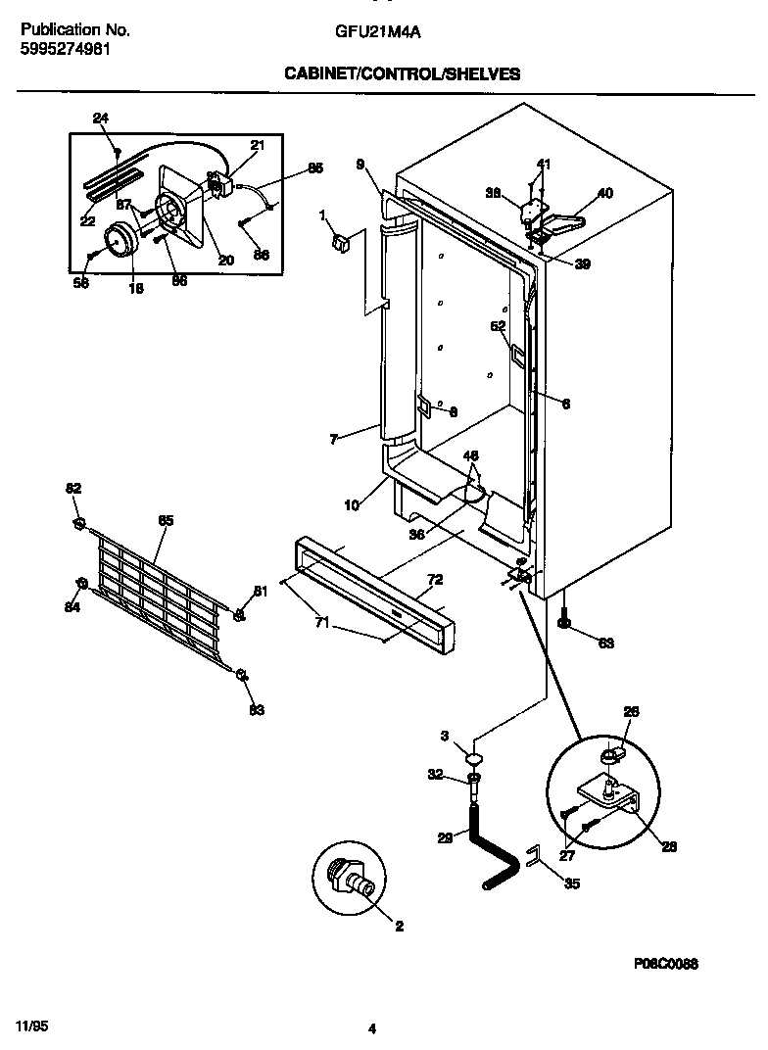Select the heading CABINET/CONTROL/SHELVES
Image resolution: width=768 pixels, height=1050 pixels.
pos(402,73)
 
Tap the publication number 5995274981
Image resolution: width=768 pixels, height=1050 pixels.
pos(65,48)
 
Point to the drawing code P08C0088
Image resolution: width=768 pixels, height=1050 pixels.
pos(665,964)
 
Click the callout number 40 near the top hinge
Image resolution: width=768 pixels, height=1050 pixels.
pos(604,193)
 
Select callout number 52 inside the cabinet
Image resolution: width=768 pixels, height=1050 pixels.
pos(498,326)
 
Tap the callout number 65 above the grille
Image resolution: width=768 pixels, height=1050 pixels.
pos(166,520)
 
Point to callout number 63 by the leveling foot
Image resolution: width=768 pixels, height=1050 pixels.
pos(605,643)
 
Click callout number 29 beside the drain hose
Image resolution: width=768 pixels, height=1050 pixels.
pos(445,836)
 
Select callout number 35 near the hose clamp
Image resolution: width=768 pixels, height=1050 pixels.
pos(572,883)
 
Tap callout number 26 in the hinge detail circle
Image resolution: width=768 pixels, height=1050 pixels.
pos(631,712)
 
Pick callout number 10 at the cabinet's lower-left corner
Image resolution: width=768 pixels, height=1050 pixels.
pos(350,506)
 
